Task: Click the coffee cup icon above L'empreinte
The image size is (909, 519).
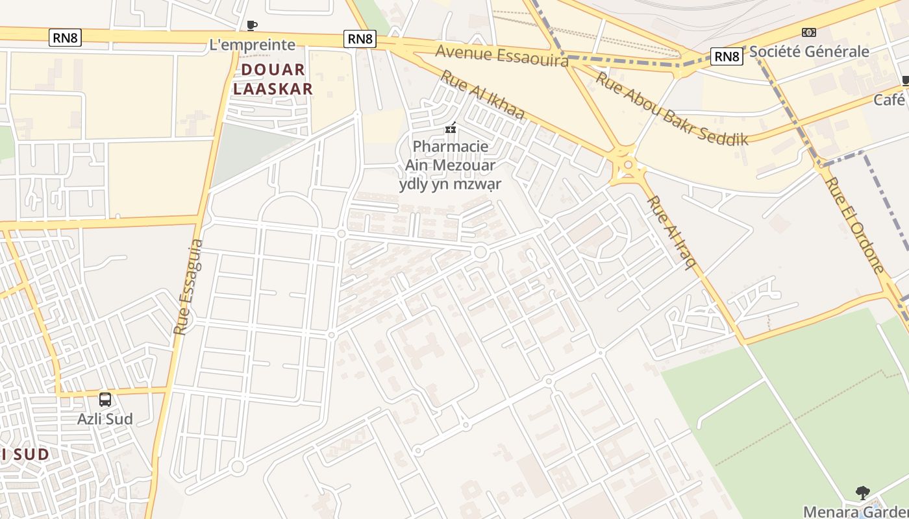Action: [252, 26]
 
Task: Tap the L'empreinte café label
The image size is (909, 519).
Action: [252, 45]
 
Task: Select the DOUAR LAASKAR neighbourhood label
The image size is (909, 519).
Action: [273, 79]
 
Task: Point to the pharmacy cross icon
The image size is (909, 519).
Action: [450, 128]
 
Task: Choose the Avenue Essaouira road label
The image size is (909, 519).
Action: [501, 55]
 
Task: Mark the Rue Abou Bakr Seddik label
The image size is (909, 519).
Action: [671, 108]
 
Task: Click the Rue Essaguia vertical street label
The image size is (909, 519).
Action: [189, 287]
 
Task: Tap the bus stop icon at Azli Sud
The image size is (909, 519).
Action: [105, 400]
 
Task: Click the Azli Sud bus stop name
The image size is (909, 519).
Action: [105, 419]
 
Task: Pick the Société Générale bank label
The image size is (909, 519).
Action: [809, 52]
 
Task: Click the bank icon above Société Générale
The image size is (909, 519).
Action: [808, 32]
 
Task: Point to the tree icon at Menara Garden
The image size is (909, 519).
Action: [862, 493]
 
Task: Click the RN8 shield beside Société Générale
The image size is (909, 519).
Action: [727, 56]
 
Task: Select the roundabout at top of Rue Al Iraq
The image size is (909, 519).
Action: [627, 165]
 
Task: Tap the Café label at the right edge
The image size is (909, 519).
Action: [890, 100]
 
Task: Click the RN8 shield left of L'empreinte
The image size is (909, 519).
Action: [65, 38]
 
